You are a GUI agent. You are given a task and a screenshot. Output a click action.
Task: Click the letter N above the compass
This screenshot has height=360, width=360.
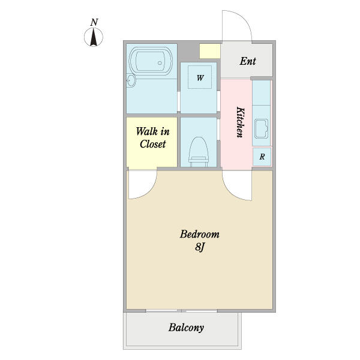pyautogui.click(x=94, y=22)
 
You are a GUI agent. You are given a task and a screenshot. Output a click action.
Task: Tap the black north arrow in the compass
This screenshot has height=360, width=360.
pyautogui.click(x=94, y=37)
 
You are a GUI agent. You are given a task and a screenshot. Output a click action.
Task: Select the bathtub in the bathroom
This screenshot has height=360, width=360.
pyautogui.click(x=151, y=62)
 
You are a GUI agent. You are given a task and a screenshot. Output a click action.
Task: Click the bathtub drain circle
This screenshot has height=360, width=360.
pyautogui.click(x=160, y=63)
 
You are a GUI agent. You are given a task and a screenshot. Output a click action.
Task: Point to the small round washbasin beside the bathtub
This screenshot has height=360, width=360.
pyautogui.click(x=131, y=80)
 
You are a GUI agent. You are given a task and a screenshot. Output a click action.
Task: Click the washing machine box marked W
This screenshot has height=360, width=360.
pyautogui.click(x=200, y=77)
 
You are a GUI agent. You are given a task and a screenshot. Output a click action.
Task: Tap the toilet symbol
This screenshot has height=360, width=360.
pyautogui.click(x=199, y=152)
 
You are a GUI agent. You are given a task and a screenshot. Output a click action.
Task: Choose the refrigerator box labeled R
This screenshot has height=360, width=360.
pyautogui.click(x=262, y=157)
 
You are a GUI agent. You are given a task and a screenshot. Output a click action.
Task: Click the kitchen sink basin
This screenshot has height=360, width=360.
pyautogui.click(x=261, y=129)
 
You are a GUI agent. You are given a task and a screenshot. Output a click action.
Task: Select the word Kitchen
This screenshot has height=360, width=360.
pyautogui.click(x=240, y=122)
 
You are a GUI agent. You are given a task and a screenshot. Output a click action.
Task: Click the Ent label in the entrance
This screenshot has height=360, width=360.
pyautogui.click(x=248, y=61)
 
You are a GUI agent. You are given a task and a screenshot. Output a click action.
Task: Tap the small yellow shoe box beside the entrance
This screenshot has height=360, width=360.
pyautogui.click(x=210, y=51)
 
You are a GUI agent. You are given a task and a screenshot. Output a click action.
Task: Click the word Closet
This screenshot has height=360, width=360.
pyautogui.click(x=152, y=144)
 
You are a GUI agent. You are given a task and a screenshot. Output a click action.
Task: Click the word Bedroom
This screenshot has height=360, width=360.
pyautogui.click(x=200, y=234)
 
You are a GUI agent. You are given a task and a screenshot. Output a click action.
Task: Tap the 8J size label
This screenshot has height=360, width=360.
pyautogui.click(x=200, y=247)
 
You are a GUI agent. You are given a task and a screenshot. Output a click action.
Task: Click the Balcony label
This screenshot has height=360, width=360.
pyautogui.click(x=186, y=328)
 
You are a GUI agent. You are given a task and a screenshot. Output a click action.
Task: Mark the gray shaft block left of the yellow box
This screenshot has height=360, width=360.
pyautogui.click(x=188, y=52)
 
